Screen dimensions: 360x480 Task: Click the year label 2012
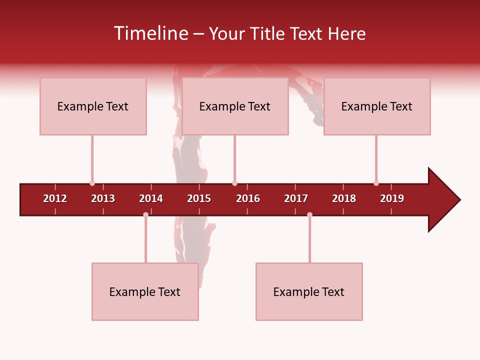coord(55,198)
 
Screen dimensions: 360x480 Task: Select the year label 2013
coord(103,198)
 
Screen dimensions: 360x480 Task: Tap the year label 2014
coord(151,198)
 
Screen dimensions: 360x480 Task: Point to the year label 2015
coord(199,198)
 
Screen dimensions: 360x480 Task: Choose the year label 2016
coord(248,198)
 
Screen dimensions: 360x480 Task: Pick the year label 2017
coord(296,198)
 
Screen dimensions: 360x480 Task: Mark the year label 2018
coord(344,198)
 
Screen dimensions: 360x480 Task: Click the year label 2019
coord(392,198)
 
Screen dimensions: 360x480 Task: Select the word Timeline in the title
coord(150,33)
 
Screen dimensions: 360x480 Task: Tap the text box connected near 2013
coord(93,106)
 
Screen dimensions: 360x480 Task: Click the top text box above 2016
coord(235,106)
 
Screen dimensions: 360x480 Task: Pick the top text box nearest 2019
coord(377,106)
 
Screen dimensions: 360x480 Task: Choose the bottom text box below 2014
coord(145,292)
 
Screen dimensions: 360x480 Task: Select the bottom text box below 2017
coord(309,292)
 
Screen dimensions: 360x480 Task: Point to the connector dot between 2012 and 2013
coord(92,183)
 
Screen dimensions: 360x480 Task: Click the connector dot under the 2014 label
coord(145,215)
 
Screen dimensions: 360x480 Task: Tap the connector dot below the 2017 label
coord(309,215)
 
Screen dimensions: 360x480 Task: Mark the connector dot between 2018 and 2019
coord(376,183)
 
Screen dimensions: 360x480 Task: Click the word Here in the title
coord(346,34)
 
